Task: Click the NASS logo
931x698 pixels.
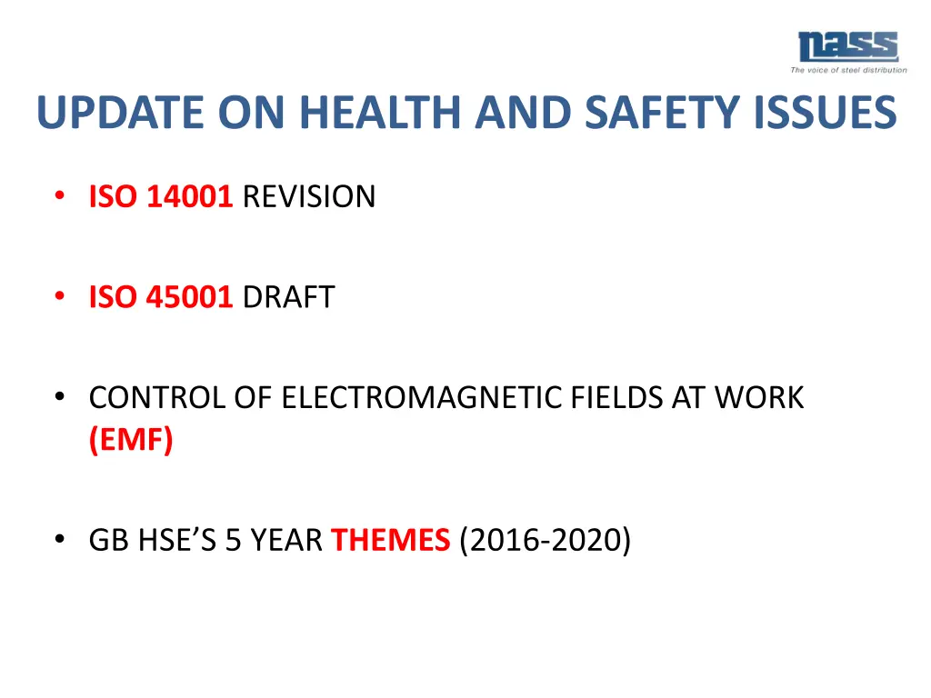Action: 847,47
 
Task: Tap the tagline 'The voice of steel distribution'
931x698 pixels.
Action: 848,70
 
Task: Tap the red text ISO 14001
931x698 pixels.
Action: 161,196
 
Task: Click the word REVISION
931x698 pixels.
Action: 309,196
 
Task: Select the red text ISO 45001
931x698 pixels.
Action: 161,297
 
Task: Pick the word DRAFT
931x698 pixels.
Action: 288,297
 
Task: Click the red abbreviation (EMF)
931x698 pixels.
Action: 130,441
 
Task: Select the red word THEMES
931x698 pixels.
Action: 390,541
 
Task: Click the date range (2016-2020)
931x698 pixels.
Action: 545,541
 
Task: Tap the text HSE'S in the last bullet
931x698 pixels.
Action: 179,541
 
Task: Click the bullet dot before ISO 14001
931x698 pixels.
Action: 60,195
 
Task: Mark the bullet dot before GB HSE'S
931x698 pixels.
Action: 60,540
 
